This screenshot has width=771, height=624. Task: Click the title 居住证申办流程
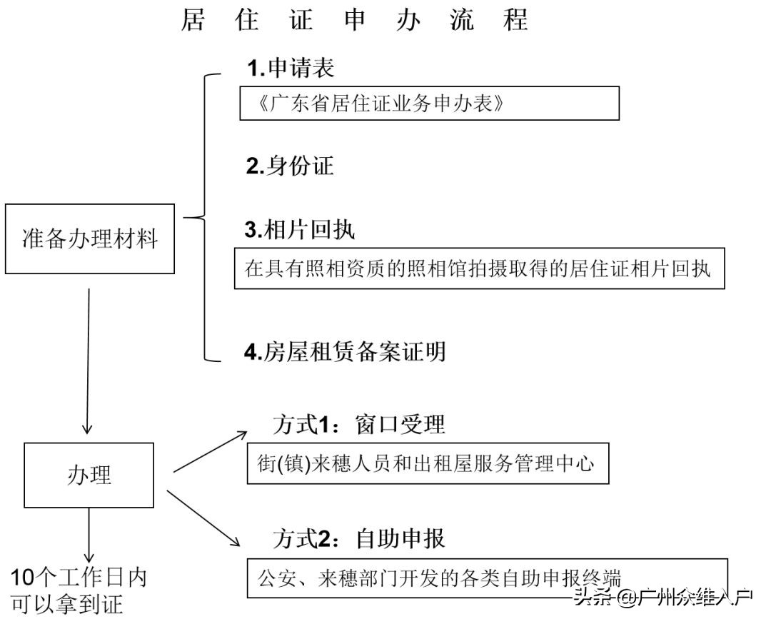click(354, 20)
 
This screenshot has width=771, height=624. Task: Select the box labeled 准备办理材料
click(90, 238)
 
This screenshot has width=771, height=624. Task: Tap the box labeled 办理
click(89, 475)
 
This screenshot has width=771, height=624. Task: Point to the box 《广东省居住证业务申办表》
click(429, 104)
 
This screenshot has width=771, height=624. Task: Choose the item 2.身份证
click(290, 166)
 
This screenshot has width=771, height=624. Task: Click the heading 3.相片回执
click(300, 229)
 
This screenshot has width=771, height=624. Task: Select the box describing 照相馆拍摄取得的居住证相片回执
click(479, 268)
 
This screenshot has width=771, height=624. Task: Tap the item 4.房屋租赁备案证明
click(345, 352)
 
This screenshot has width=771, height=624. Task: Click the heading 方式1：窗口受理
click(359, 425)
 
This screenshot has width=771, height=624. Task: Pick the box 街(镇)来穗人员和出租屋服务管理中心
click(428, 464)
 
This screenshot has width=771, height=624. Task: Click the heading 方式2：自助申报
click(359, 538)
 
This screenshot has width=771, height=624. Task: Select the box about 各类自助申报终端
click(487, 577)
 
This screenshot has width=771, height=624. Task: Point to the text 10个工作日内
click(79, 577)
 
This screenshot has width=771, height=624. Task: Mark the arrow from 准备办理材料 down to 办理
click(88, 361)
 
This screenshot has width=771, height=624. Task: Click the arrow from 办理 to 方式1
click(210, 452)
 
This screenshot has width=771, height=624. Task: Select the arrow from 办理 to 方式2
click(203, 517)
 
